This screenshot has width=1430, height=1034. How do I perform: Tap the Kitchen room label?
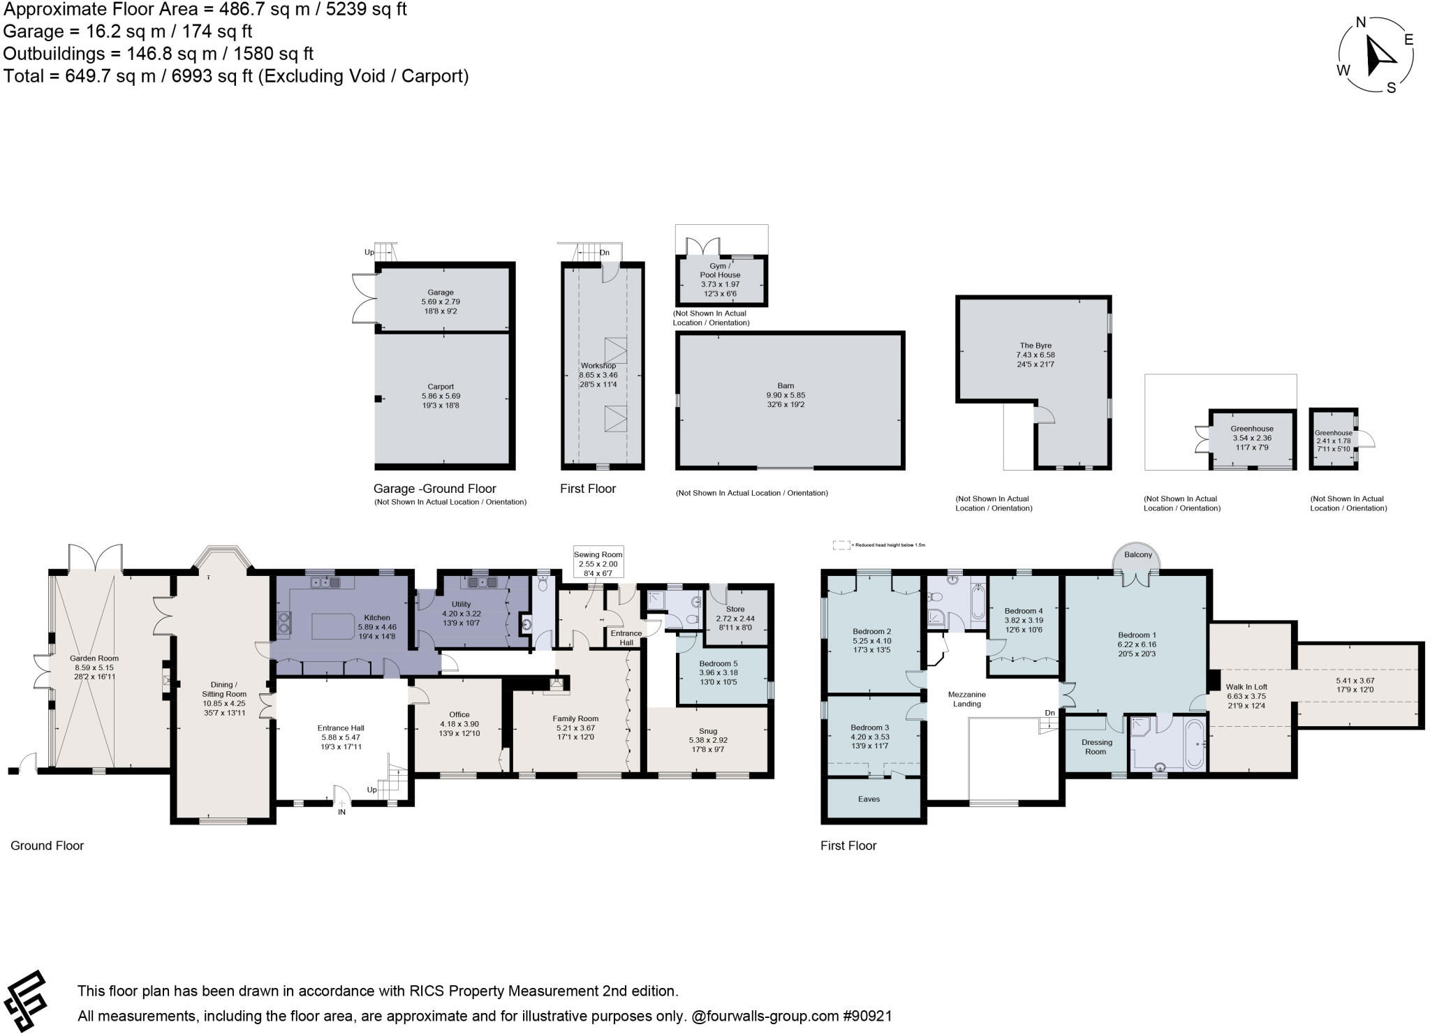point(377,617)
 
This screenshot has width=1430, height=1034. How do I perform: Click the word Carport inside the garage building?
point(441,386)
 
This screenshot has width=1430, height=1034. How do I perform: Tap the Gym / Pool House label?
point(720,270)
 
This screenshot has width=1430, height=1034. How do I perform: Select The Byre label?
point(1035,346)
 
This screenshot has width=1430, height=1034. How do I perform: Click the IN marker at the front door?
point(342,812)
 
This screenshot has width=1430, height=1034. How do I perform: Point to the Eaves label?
point(869,799)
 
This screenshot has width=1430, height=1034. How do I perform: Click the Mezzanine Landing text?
point(967,699)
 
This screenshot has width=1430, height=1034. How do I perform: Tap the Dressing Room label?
point(1096,746)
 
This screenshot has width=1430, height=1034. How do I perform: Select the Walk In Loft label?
point(1246,687)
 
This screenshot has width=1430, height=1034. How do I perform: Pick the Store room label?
point(735,609)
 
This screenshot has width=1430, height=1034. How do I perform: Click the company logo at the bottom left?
point(27,1001)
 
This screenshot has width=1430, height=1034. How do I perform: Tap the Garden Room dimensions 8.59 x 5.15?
point(94,667)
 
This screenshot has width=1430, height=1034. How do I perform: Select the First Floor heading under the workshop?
point(588,489)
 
